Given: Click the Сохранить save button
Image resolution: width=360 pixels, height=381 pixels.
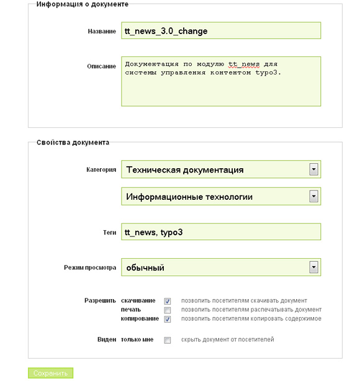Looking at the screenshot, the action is point(50,374).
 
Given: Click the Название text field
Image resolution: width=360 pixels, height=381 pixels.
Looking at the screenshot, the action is point(221,31).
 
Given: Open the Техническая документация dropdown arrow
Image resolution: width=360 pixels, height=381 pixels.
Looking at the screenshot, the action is point(314,169).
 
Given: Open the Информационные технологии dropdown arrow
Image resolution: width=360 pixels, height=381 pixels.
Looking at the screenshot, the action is point(314,197).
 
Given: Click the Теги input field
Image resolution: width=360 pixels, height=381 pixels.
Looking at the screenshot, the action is point(221,232).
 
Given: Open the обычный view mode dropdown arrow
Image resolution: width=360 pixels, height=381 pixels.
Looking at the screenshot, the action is point(314,267).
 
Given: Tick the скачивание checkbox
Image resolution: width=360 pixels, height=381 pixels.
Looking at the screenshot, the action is point(168,301).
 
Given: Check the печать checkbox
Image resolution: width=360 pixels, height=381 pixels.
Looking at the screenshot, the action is point(168,310).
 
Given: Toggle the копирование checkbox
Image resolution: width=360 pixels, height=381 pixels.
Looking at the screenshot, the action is point(168,319).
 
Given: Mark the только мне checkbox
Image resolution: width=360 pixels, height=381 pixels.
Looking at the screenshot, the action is point(168,340).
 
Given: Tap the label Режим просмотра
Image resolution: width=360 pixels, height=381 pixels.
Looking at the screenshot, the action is point(90,268).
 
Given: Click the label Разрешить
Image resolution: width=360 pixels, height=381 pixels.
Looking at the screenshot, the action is point(100,300).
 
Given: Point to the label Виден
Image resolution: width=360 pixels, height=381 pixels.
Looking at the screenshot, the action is point(106,339).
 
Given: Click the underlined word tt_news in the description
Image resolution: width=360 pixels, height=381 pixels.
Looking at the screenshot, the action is point(241,64).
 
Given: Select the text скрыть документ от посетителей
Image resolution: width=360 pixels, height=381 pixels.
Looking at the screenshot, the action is point(227,340).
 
